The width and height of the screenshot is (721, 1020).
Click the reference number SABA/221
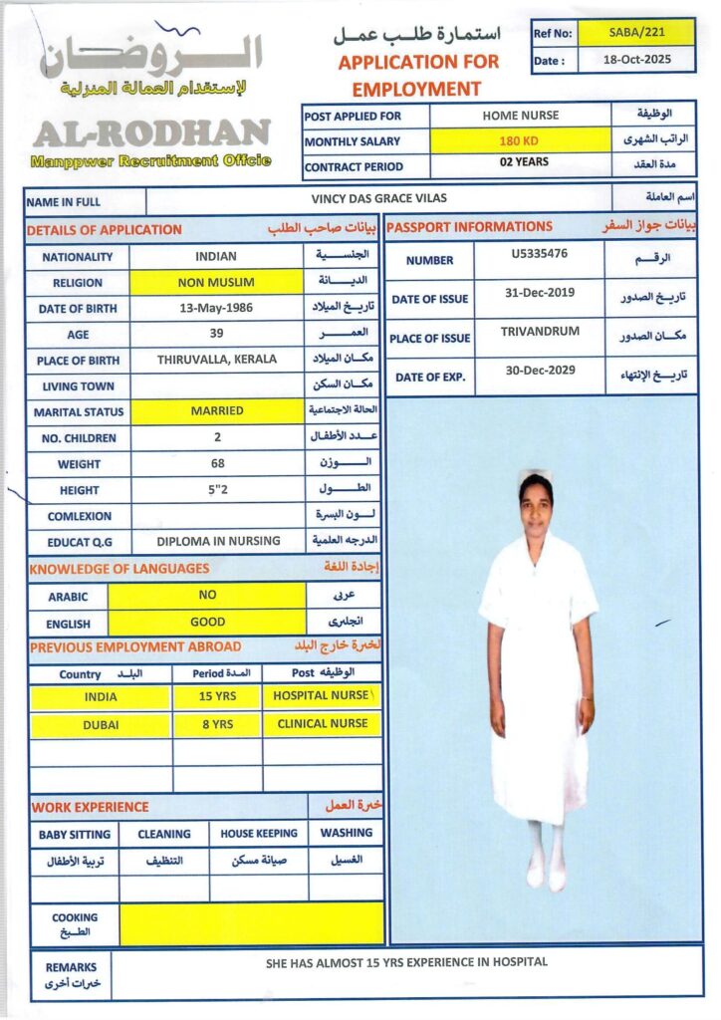coord(643,32)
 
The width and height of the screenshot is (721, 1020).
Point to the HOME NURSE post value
coord(520,115)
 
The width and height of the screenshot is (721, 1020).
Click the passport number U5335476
coord(539,254)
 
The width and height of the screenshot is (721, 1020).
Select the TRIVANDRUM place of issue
coord(539,332)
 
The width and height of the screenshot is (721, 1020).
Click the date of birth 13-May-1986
coord(216,308)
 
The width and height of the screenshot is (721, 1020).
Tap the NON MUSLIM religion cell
coord(216,282)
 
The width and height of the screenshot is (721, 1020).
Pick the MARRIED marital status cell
coord(216,410)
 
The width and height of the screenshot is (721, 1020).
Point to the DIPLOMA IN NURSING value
coord(218,542)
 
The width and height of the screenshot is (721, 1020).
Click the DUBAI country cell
coord(101,725)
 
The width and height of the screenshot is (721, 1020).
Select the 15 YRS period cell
coord(217,697)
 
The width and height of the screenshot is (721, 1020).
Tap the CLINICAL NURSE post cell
coord(322,724)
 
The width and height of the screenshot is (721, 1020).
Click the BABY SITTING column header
coord(75,834)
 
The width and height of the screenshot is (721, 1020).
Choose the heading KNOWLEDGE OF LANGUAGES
coord(120,569)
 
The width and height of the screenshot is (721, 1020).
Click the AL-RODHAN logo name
coord(151,133)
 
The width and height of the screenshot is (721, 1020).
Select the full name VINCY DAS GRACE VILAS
coord(379,198)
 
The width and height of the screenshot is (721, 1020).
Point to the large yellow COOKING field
coord(251,923)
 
